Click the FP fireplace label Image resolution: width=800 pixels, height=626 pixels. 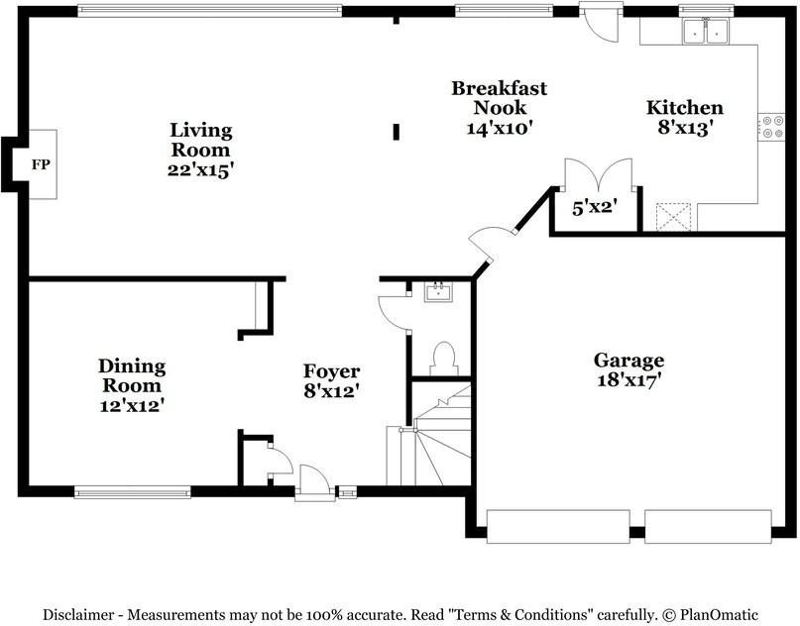pyautogui.click(x=41, y=164)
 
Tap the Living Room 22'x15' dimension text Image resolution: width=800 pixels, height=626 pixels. pyautogui.click(x=200, y=170)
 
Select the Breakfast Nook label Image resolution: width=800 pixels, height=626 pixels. pyautogui.click(x=499, y=98)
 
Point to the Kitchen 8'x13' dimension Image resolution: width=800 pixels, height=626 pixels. pyautogui.click(x=685, y=128)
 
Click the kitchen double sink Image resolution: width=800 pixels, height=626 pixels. pyautogui.click(x=706, y=31)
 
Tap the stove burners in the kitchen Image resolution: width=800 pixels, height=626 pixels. pyautogui.click(x=771, y=127)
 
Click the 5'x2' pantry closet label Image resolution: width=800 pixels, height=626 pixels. pyautogui.click(x=595, y=208)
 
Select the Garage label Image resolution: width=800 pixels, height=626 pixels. pyautogui.click(x=629, y=361)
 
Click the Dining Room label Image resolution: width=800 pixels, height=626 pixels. pyautogui.click(x=132, y=375)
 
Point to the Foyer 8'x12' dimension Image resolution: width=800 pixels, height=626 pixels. pyautogui.click(x=332, y=391)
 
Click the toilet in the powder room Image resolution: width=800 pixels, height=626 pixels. pyautogui.click(x=443, y=359)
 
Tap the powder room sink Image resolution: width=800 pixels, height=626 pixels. pyautogui.click(x=438, y=292)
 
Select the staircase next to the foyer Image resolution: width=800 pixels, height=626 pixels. pyautogui.click(x=428, y=435)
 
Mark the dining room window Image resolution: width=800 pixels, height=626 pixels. pyautogui.click(x=133, y=492)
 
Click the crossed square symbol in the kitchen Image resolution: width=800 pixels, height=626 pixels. pyautogui.click(x=673, y=217)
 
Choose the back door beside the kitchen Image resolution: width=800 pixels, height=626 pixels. pyautogui.click(x=601, y=23)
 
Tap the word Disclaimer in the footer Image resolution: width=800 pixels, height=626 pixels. pyautogui.click(x=78, y=615)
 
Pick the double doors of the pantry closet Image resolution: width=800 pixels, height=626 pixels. pyautogui.click(x=599, y=175)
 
